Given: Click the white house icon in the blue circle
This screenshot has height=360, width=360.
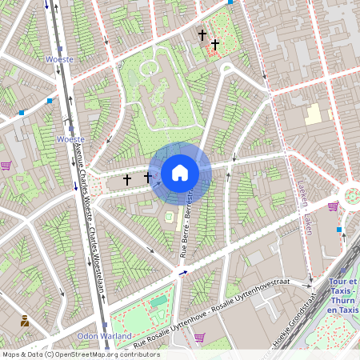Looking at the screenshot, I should tap(180, 172).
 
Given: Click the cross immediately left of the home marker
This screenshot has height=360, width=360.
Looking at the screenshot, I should tap(148, 176).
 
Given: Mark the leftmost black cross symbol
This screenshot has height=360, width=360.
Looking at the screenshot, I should tap(126, 181).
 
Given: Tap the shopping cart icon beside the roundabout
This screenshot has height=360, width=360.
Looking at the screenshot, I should tap(333, 206).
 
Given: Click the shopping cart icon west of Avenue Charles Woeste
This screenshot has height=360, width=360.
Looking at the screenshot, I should tap(6, 166).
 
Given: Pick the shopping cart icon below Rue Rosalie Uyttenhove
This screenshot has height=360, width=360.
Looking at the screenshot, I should tap(200, 337).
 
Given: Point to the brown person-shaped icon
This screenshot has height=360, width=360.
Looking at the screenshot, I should tap(25, 321).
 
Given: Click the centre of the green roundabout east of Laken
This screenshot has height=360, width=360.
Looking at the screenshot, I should tap(353, 194).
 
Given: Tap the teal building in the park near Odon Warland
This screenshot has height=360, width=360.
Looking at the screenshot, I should tap(159, 302).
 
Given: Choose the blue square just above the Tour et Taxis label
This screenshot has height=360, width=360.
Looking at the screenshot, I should tap(339, 230).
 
